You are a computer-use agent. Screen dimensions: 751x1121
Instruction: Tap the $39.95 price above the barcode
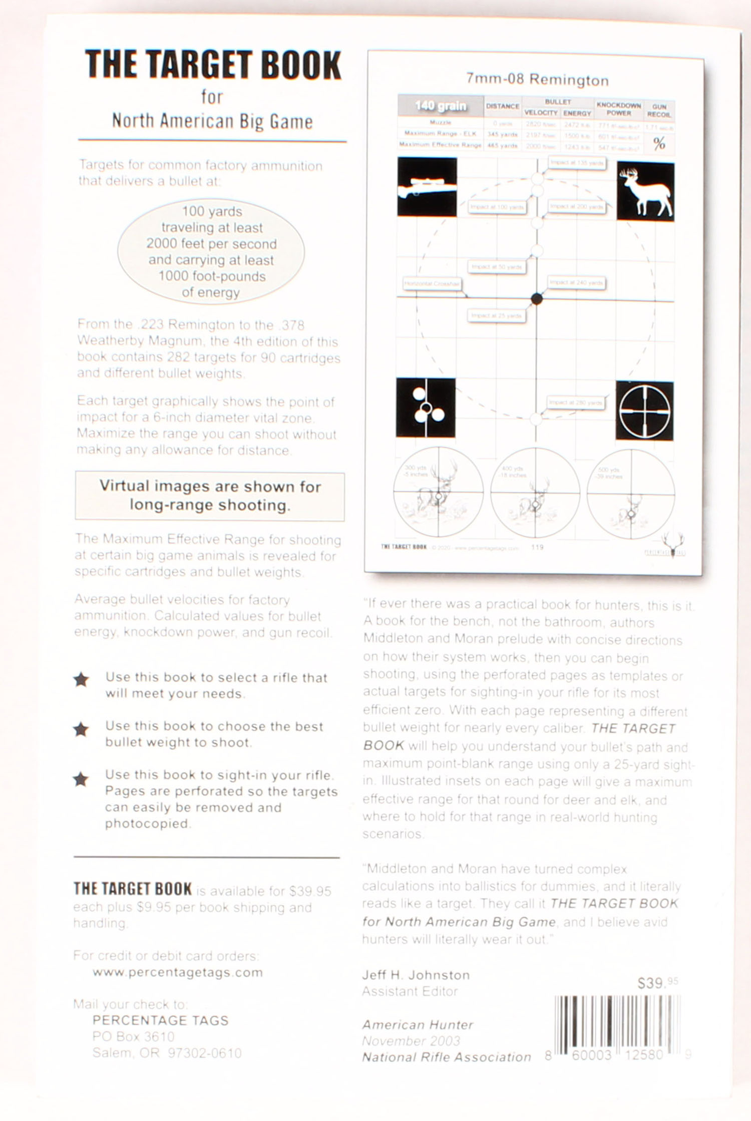point(657,983)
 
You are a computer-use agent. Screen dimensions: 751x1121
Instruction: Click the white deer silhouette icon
point(645,191)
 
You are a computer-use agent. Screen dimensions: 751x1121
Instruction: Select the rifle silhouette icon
point(427,187)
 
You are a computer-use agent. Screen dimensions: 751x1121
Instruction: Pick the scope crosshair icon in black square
point(644,411)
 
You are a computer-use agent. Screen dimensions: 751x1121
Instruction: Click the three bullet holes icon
point(426,408)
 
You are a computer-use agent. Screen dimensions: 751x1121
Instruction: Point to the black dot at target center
point(537,299)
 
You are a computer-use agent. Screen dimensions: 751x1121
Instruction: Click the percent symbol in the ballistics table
point(659,144)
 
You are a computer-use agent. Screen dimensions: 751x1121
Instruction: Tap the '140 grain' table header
point(440,106)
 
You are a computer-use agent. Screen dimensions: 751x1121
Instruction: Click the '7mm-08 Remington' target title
point(537,80)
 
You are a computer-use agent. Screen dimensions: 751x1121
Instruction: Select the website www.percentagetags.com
point(177,972)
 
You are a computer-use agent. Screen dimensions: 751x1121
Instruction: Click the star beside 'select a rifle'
point(81,680)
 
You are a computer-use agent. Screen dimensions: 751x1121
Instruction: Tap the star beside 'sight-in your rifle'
point(81,779)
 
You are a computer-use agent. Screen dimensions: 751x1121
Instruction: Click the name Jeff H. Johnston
point(416,975)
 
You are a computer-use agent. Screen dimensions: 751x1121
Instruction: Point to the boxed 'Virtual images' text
point(210,496)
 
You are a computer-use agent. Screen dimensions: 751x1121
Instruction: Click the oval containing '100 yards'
point(211,251)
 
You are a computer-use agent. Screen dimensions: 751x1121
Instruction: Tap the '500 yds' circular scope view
point(631,494)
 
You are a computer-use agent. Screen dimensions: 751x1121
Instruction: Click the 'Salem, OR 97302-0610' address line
point(167,1052)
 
